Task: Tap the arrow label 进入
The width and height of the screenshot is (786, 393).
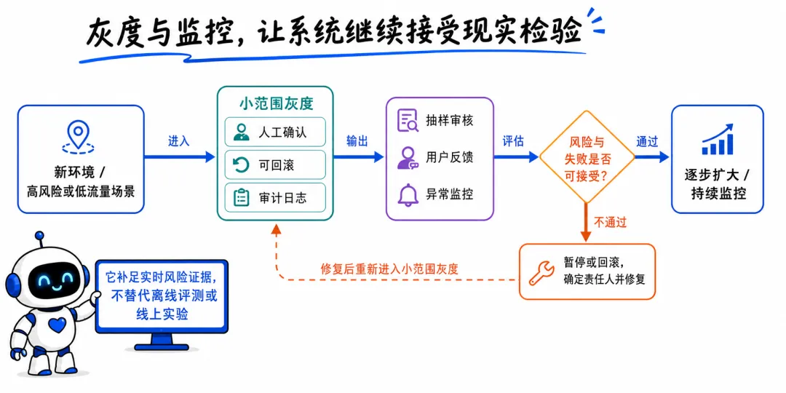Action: pyautogui.click(x=179, y=142)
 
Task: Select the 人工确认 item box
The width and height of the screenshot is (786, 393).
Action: pyautogui.click(x=275, y=132)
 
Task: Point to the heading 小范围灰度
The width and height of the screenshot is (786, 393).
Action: pyautogui.click(x=276, y=103)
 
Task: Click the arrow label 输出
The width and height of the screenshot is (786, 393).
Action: pyautogui.click(x=357, y=142)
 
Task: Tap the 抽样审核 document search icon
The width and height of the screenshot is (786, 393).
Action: pyautogui.click(x=408, y=120)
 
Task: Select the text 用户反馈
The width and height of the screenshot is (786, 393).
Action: pyautogui.click(x=450, y=157)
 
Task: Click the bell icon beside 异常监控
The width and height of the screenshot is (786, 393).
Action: pyautogui.click(x=408, y=194)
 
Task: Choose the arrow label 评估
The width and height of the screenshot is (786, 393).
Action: pyautogui.click(x=513, y=142)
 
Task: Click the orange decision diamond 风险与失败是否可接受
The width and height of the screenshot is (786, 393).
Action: pyautogui.click(x=587, y=157)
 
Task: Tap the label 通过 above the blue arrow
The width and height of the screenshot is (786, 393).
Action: pyautogui.click(x=647, y=142)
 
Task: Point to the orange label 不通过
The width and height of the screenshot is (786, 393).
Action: pyautogui.click(x=610, y=222)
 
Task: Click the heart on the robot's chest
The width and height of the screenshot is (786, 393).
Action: pyautogui.click(x=59, y=325)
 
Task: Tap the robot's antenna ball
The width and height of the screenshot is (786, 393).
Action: pyautogui.click(x=39, y=236)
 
